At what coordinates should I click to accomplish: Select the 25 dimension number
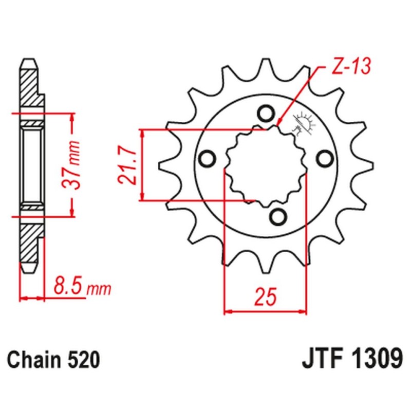coord(266,297)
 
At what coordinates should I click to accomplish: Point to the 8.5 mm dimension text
coord(79,288)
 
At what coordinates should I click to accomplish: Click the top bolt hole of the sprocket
coord(266,113)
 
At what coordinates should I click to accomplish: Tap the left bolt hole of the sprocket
coord(208,159)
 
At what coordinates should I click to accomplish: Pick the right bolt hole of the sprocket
coord(324,159)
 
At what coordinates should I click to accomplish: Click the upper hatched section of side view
coord(29,87)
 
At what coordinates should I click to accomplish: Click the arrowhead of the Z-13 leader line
coord(279,123)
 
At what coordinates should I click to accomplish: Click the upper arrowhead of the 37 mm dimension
coord(71,118)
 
